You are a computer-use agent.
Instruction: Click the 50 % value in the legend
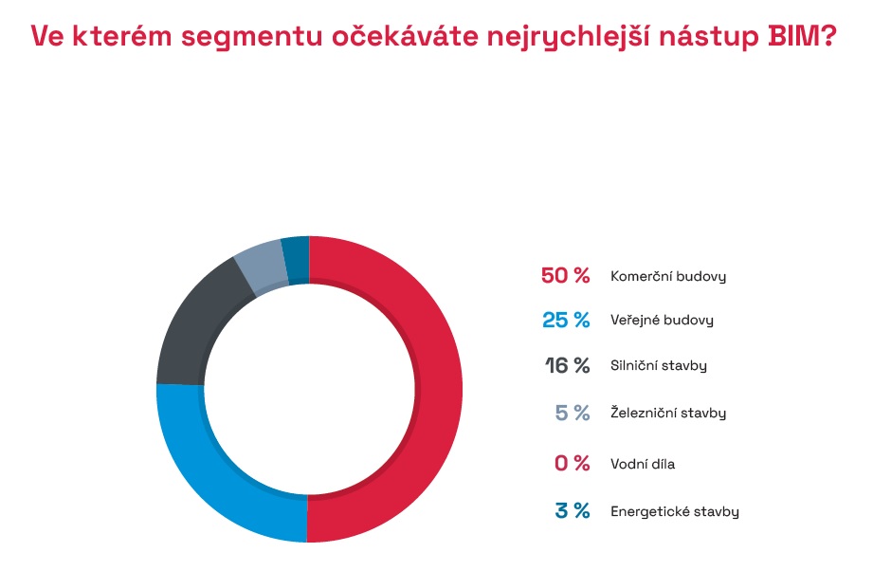coord(565,276)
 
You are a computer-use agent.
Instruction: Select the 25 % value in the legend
coord(566,321)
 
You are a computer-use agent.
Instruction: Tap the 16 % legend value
coord(567,365)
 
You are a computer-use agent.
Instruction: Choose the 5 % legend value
coord(573,413)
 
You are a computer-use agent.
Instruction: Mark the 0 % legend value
coord(573,464)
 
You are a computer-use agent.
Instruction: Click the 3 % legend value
coord(573,511)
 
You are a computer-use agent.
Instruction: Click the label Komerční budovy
coord(668,277)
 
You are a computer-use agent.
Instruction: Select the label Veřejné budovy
coord(662,321)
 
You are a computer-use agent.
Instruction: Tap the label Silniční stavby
coord(659,365)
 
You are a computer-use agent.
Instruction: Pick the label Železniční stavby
coord(668,414)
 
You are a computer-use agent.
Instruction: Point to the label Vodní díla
coord(643,464)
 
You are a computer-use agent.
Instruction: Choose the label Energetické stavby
coord(674,512)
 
